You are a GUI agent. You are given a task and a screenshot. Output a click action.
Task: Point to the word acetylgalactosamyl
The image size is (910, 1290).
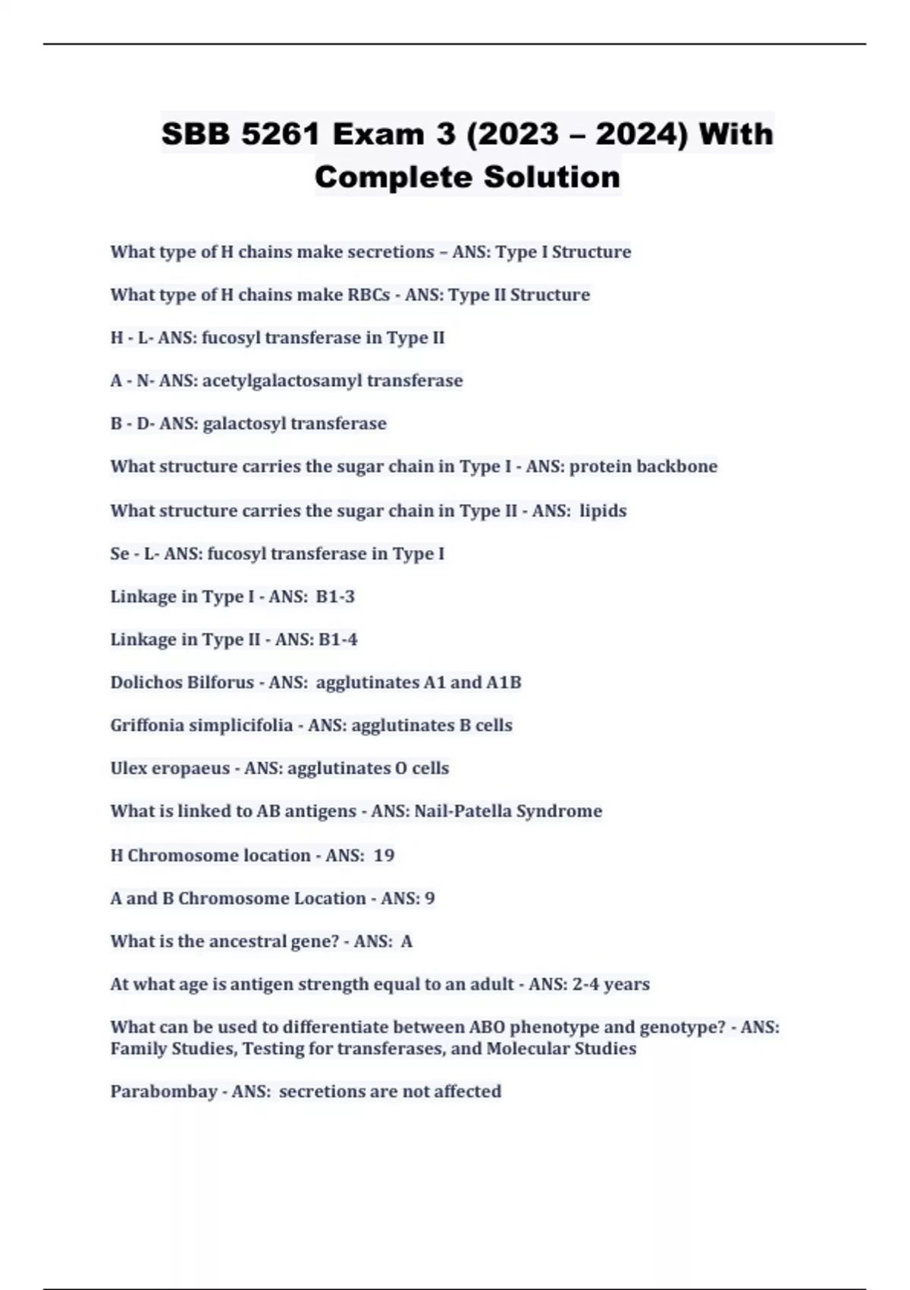click(x=282, y=380)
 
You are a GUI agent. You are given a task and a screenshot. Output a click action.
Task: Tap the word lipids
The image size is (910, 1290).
click(x=603, y=511)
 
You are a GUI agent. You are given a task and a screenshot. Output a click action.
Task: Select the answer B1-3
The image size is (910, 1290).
click(x=335, y=596)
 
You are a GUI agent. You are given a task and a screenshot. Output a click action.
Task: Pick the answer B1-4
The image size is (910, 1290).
click(x=337, y=640)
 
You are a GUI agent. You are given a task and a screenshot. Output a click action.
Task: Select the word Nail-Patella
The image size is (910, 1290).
click(x=463, y=811)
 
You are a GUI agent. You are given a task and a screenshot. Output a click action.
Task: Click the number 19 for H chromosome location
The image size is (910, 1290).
click(x=384, y=855)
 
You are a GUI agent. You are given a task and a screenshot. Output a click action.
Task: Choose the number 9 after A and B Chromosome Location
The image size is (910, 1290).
click(x=430, y=898)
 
